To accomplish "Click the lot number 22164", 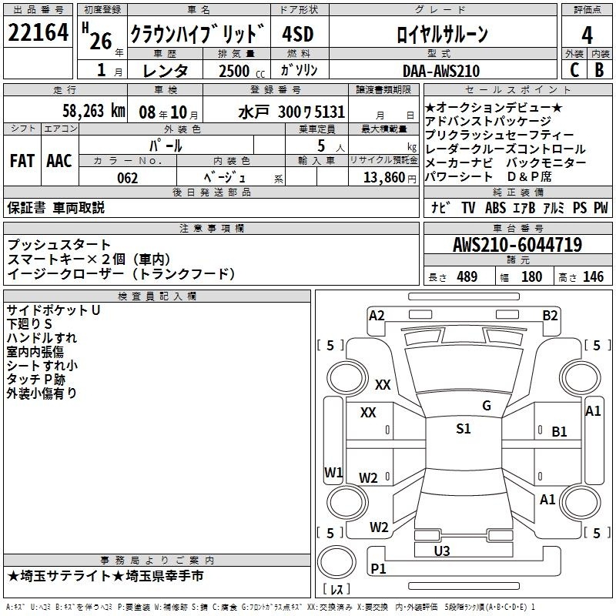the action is (38, 32).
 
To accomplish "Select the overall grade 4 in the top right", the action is (587, 35).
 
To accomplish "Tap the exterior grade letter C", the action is (574, 70).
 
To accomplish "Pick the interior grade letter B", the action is (599, 70).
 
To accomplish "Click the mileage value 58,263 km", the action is (94, 111).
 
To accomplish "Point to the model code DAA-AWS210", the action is (441, 71).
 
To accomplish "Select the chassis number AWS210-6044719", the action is (517, 245).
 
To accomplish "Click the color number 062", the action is (128, 178).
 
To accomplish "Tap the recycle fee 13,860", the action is (383, 178).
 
